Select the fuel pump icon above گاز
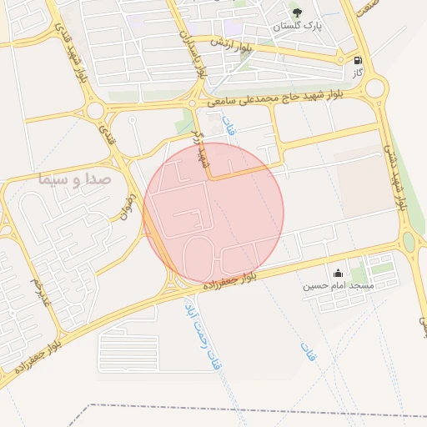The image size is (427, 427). pyautogui.click(x=358, y=60)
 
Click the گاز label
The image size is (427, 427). pyautogui.click(x=357, y=73)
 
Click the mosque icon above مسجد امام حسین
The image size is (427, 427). pyautogui.click(x=338, y=273)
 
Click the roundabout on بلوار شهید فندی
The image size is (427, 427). pyautogui.click(x=95, y=109)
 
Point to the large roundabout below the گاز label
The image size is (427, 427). pyautogui.click(x=375, y=87)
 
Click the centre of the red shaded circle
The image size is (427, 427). pyautogui.click(x=213, y=212)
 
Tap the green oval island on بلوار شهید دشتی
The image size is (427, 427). pyautogui.click(x=408, y=242)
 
